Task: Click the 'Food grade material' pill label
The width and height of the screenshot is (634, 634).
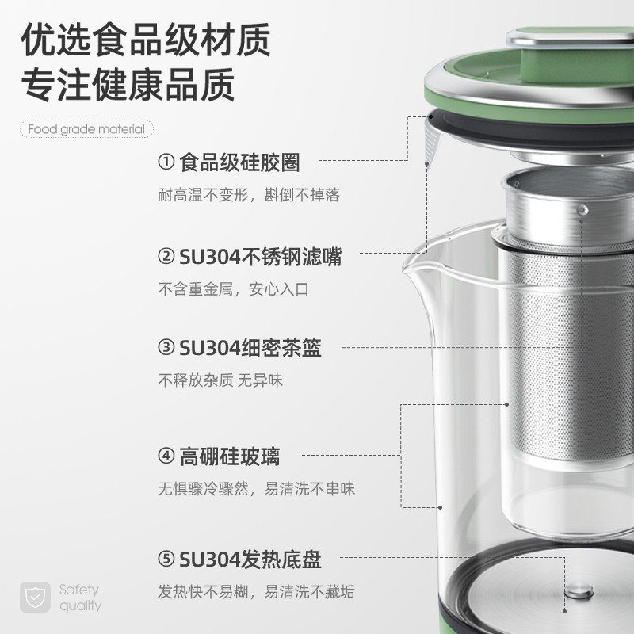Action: (86, 129)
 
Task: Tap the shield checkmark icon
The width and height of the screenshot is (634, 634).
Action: (35, 598)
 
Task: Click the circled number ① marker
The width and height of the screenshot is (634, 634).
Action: (166, 162)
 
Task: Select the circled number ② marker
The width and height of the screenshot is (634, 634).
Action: (166, 256)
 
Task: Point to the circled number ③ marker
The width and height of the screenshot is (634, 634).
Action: (166, 347)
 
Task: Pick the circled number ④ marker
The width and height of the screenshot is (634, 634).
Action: (166, 456)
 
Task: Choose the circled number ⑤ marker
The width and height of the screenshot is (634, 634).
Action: (166, 560)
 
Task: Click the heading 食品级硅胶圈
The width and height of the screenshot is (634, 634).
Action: (239, 162)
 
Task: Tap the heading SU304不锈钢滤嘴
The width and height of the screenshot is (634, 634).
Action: (260, 257)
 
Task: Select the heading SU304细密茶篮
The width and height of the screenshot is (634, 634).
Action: (250, 348)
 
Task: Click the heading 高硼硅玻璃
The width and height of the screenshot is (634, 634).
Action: (229, 456)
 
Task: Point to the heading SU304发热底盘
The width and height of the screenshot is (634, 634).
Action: (250, 560)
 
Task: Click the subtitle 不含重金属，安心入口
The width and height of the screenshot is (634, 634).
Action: (233, 289)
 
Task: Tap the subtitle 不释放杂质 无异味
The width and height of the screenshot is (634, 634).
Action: (220, 380)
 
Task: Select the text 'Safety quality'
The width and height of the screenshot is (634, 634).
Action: (80, 598)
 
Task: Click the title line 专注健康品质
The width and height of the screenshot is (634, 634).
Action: (128, 85)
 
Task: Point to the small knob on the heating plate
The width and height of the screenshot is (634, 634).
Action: (579, 592)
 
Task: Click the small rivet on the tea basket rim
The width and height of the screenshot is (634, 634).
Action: (582, 210)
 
